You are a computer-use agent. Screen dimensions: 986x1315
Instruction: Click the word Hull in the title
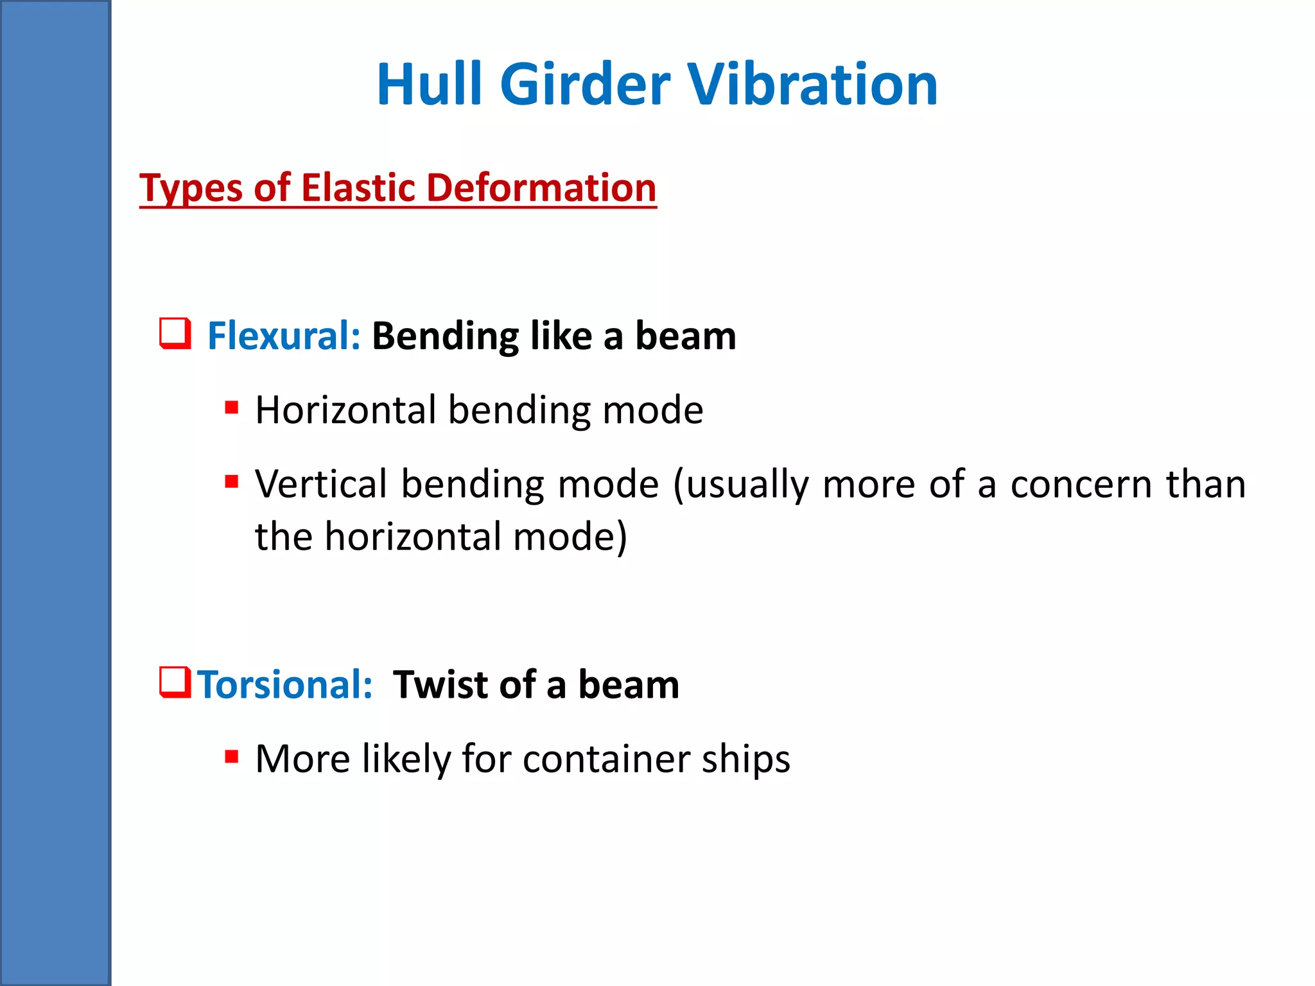click(x=429, y=85)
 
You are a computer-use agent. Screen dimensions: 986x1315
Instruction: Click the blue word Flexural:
click(x=284, y=336)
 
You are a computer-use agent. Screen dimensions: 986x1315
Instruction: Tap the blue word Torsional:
click(x=284, y=684)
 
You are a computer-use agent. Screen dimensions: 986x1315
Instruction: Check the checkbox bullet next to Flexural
click(x=175, y=334)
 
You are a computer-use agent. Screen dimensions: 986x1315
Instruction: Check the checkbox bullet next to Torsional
click(x=175, y=682)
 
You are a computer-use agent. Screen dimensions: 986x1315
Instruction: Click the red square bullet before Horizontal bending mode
click(x=232, y=408)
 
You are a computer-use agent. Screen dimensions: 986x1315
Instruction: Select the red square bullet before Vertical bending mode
click(x=232, y=481)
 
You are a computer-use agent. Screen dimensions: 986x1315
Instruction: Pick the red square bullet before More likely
click(x=232, y=757)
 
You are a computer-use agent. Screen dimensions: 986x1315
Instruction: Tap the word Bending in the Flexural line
click(x=446, y=337)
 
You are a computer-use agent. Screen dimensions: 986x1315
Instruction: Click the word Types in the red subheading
click(x=191, y=189)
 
